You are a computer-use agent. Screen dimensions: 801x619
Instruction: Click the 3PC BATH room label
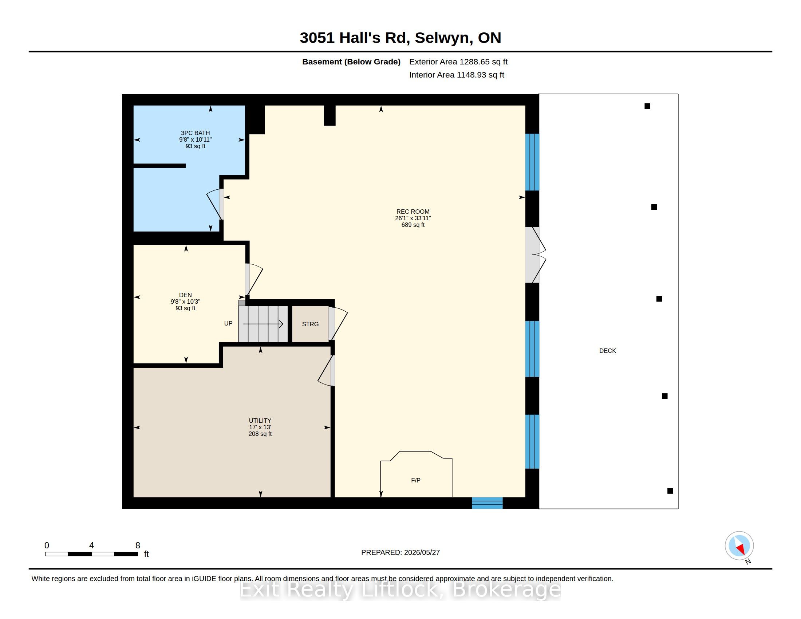tap(195, 133)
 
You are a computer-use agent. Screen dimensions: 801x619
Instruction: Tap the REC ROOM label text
tap(413, 212)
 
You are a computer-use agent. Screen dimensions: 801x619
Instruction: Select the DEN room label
tap(185, 295)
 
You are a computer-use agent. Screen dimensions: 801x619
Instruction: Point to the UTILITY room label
tap(260, 421)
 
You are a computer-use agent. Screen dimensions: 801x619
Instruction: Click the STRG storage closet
tap(310, 324)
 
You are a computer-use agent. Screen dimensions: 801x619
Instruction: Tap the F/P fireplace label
tap(415, 480)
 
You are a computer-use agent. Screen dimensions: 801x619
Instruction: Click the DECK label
tap(607, 351)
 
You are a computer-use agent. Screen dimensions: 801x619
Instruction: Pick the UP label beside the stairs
tap(228, 323)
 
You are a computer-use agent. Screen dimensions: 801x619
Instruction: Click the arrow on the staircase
tap(263, 324)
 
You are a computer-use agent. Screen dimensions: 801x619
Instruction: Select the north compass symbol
tap(739, 546)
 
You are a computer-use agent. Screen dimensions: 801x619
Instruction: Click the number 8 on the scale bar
tap(138, 545)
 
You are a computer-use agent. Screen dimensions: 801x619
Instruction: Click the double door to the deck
tap(536, 255)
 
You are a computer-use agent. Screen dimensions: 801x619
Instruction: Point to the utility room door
tap(326, 371)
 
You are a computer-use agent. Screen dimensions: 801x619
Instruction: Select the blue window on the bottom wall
tap(487, 503)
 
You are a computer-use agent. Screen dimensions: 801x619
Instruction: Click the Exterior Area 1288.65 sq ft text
tap(458, 62)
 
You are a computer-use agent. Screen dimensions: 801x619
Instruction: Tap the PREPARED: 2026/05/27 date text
tap(400, 552)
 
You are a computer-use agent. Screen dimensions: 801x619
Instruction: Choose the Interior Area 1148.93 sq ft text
tap(457, 75)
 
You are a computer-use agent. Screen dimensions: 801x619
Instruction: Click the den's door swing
tap(254, 279)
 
